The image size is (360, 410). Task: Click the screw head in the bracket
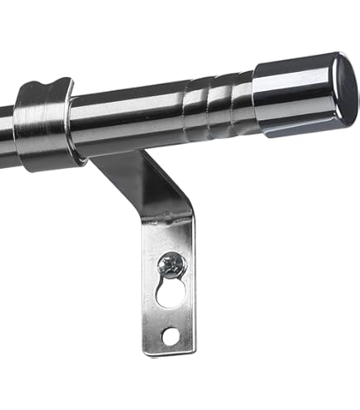(x=171, y=265)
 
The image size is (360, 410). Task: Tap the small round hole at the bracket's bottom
(x=170, y=335)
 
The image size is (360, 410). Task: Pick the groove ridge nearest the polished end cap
(x=239, y=106)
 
